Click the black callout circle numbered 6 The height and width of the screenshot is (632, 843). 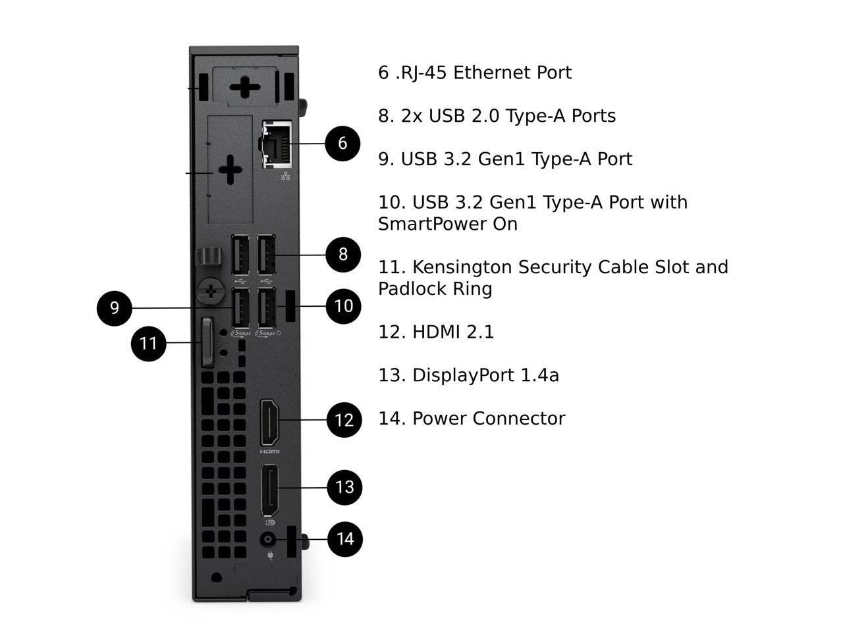click(342, 143)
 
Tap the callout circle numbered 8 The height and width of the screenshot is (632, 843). click(343, 254)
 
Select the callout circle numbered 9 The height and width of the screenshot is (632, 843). click(115, 307)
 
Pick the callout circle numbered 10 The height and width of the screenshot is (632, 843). click(344, 305)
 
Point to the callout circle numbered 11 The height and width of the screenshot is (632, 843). click(148, 343)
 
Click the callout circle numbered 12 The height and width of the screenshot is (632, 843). click(344, 419)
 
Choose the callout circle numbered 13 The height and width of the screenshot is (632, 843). click(344, 487)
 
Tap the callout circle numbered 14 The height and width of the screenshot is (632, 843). click(345, 539)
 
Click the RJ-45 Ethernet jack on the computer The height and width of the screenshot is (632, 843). click(277, 143)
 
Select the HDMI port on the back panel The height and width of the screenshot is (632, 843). click(269, 421)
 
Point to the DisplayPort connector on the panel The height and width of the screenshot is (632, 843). click(269, 490)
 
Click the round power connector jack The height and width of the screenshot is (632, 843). click(268, 539)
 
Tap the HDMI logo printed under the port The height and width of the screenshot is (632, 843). click(269, 452)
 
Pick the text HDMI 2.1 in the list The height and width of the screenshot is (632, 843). click(453, 332)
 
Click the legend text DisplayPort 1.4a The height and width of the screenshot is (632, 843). click(485, 375)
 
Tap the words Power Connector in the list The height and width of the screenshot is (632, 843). click(489, 419)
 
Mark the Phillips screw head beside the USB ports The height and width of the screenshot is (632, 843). click(210, 290)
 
